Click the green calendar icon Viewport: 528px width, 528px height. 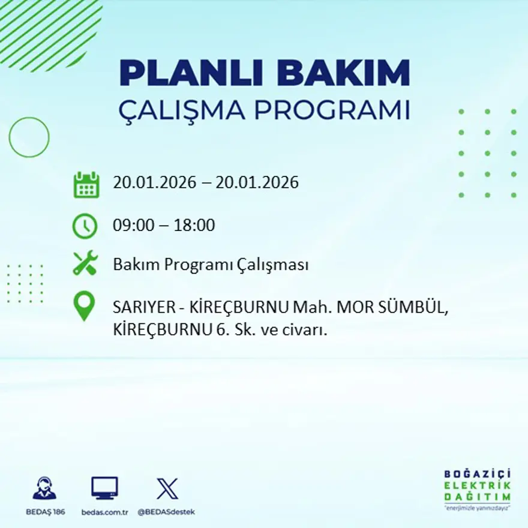tap(86, 184)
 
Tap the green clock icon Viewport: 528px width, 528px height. tap(85, 226)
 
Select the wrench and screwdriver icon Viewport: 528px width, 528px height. tap(85, 263)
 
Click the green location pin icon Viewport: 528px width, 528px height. tap(84, 305)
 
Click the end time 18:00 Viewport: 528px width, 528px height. tap(194, 226)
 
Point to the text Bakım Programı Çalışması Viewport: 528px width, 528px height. tap(211, 265)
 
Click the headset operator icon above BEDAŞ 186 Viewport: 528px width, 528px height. tap(44, 488)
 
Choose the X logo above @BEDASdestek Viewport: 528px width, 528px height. tap(167, 488)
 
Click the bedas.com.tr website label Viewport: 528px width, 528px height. tap(105, 512)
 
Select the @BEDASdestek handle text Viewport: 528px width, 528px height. tap(166, 512)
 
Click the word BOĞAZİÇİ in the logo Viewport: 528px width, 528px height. tap(478, 474)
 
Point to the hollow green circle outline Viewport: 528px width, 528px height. tap(29, 137)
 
